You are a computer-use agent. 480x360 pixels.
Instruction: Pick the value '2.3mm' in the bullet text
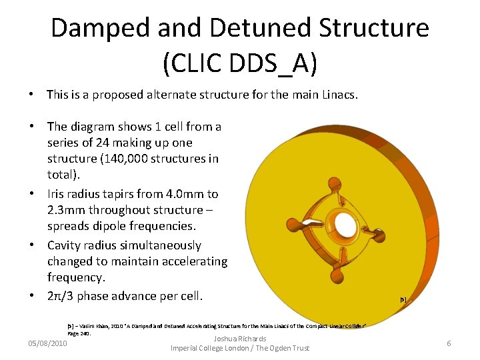(x=65, y=211)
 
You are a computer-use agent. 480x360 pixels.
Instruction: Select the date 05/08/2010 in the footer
(x=47, y=343)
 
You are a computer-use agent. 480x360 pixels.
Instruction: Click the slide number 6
(x=449, y=343)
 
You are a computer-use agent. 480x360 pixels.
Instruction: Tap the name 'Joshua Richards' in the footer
(x=240, y=339)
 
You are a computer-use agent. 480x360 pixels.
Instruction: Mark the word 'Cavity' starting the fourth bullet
(x=66, y=245)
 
